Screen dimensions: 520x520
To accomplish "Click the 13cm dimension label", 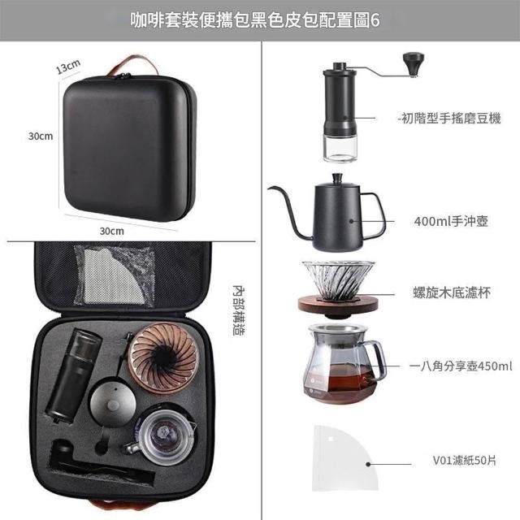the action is tap(68, 66).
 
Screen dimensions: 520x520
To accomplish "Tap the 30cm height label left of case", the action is tap(41, 136).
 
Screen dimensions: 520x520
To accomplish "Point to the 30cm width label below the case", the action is tap(112, 231).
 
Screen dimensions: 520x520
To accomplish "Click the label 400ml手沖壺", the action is tap(451, 221).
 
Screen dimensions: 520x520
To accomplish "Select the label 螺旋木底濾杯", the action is tap(452, 292).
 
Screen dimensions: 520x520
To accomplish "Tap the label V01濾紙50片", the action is tap(464, 461).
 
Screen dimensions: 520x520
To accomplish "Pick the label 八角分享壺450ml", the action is tap(464, 366).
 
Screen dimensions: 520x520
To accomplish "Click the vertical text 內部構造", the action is tap(238, 310).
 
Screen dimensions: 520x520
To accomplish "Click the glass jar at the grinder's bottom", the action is tap(339, 149).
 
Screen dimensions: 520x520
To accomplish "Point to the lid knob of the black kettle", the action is tap(337, 178).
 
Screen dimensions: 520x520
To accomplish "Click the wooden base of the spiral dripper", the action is tap(338, 305).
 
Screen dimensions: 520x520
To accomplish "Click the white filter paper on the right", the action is tap(344, 457).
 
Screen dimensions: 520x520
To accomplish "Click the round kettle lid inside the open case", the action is tap(113, 403).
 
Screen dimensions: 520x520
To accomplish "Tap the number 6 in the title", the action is tap(375, 20).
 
